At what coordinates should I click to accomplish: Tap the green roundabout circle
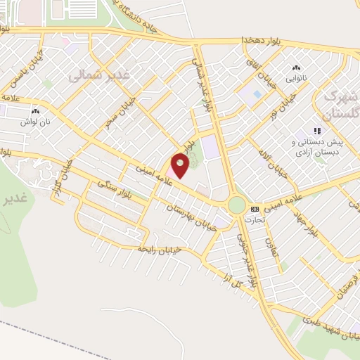click(x=237, y=206)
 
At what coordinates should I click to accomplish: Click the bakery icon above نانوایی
click(x=295, y=68)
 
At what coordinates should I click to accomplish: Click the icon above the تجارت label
click(x=255, y=209)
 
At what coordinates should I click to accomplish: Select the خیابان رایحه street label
click(x=160, y=250)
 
